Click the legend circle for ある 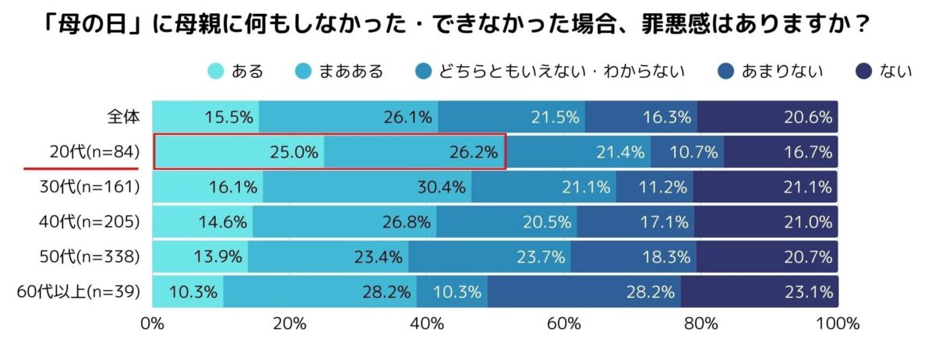pyautogui.click(x=216, y=72)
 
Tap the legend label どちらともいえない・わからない pyautogui.click(x=561, y=72)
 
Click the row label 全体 pyautogui.click(x=122, y=117)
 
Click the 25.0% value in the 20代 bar pyautogui.click(x=295, y=152)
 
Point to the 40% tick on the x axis pyautogui.click(x=426, y=323)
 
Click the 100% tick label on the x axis pyautogui.click(x=837, y=323)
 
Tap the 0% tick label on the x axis pyautogui.click(x=153, y=323)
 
